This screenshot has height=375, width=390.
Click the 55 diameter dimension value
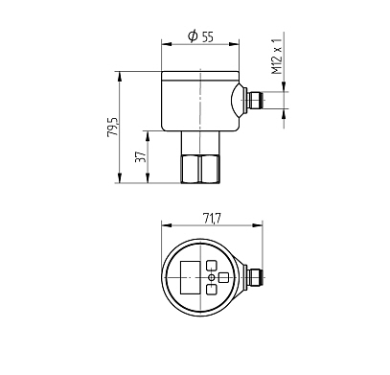click(x=208, y=36)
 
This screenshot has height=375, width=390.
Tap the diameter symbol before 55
click(x=193, y=36)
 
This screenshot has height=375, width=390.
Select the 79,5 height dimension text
click(x=113, y=127)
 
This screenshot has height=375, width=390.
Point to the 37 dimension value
click(x=141, y=156)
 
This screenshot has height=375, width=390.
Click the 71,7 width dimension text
click(x=212, y=219)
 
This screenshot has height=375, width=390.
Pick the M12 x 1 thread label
click(x=277, y=57)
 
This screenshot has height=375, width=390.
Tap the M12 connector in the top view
click(x=254, y=278)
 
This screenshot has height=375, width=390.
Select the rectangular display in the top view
click(x=191, y=277)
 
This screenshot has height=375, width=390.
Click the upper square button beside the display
click(x=212, y=266)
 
